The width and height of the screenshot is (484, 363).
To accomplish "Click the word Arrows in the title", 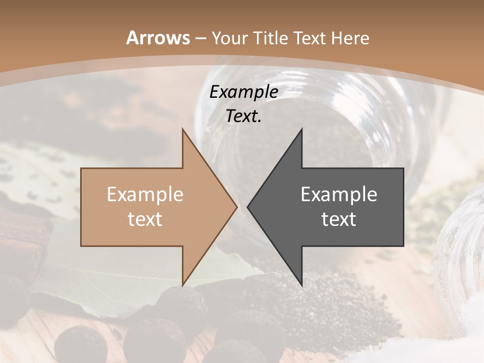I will click(158, 38).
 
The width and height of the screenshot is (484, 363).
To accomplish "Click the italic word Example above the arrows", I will click(244, 92).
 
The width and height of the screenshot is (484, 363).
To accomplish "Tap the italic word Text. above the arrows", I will click(244, 116).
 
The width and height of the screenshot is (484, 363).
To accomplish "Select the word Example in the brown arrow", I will click(145, 194).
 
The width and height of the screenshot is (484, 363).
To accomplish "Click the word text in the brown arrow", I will click(145, 219).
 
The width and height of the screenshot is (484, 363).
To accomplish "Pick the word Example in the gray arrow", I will click(339, 194).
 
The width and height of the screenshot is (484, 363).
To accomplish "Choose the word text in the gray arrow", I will click(339, 219).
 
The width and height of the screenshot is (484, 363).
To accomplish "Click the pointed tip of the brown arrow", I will click(236, 207).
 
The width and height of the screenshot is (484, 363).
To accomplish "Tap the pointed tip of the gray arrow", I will click(248, 207).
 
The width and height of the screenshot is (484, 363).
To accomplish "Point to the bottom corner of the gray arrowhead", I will click(301, 285).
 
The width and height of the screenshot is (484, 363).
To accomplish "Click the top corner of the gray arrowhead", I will click(301, 130).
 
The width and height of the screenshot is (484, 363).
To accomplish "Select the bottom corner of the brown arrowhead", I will click(183, 285).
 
